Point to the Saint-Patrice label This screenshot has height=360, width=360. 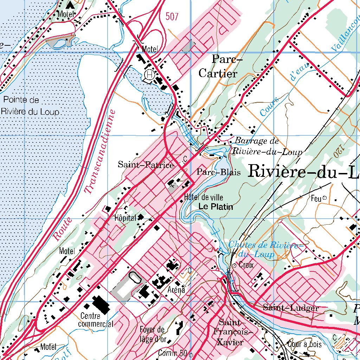coord(146,165)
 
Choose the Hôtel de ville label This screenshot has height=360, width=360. coord(203,198)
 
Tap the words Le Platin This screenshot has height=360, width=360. coord(216,207)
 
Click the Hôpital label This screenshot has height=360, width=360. coord(125,218)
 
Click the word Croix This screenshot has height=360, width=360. coord(246,265)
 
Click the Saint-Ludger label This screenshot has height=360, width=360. coord(291,308)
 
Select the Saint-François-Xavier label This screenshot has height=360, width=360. coord(230,332)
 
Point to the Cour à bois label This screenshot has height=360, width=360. coord(304,344)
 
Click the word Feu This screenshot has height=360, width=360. coord(316,199)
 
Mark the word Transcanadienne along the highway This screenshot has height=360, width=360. coord(101,152)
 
